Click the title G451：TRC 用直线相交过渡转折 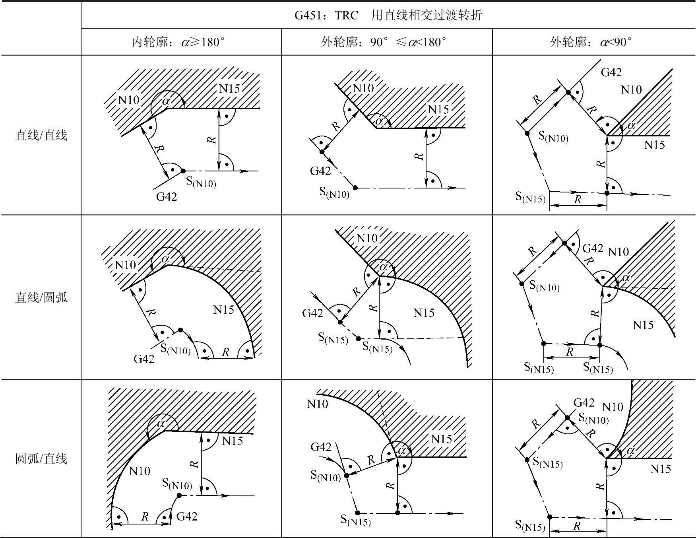point(388,15)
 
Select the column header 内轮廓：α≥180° point(178,42)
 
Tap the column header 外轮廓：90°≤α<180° point(384,42)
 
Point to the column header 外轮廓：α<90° point(591,42)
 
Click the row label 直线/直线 point(41,135)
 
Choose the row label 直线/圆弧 point(41,297)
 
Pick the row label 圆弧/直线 point(41,458)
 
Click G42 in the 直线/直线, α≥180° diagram point(167,196)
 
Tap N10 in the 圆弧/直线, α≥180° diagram point(140,471)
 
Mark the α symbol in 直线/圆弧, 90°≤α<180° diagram point(384,266)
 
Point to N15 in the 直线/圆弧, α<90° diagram point(643,325)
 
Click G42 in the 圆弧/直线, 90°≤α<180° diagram point(321,447)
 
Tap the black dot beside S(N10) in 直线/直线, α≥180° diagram point(183,171)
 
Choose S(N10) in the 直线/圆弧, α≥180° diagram point(175,349)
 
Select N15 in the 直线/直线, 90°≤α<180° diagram point(438,109)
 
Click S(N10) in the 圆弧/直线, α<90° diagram point(593,418)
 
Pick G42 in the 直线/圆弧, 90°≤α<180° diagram point(312,313)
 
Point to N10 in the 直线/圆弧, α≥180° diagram point(125,265)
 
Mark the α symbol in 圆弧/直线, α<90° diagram point(630,451)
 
